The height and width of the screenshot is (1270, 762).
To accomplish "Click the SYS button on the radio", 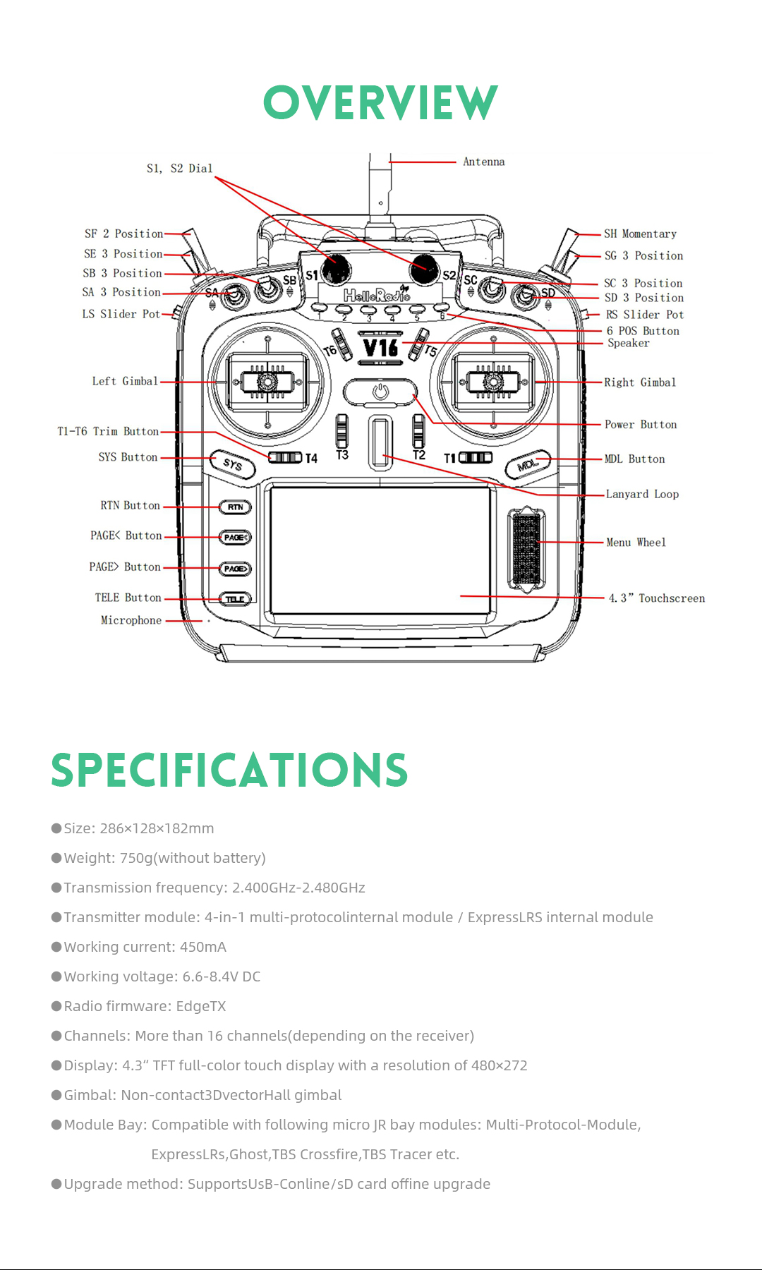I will coord(233,464).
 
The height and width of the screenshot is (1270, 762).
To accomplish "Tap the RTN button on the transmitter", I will coord(235,507).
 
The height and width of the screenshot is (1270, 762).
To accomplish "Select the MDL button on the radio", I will coord(528,465).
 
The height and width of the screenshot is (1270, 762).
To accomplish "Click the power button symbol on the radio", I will coord(380,392).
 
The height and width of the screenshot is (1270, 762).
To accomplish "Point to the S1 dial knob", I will coord(336,268).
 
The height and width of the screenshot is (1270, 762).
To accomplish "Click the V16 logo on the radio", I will coord(380,348).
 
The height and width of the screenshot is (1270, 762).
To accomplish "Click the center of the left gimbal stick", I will coord(267,382).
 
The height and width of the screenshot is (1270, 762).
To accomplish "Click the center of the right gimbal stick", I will coord(493,382).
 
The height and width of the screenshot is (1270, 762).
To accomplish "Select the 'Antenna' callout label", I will coord(483,162).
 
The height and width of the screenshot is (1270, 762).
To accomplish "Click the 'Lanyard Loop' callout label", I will coord(642,494).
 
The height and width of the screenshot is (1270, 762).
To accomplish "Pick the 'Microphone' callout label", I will coord(131,620).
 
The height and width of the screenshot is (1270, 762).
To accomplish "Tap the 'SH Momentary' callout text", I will coord(640,234).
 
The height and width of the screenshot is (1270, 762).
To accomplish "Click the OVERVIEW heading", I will coord(380,103).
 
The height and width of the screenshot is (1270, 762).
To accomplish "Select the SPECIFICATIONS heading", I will coord(229,770).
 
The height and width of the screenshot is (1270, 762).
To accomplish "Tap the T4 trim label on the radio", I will coord(311,459).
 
